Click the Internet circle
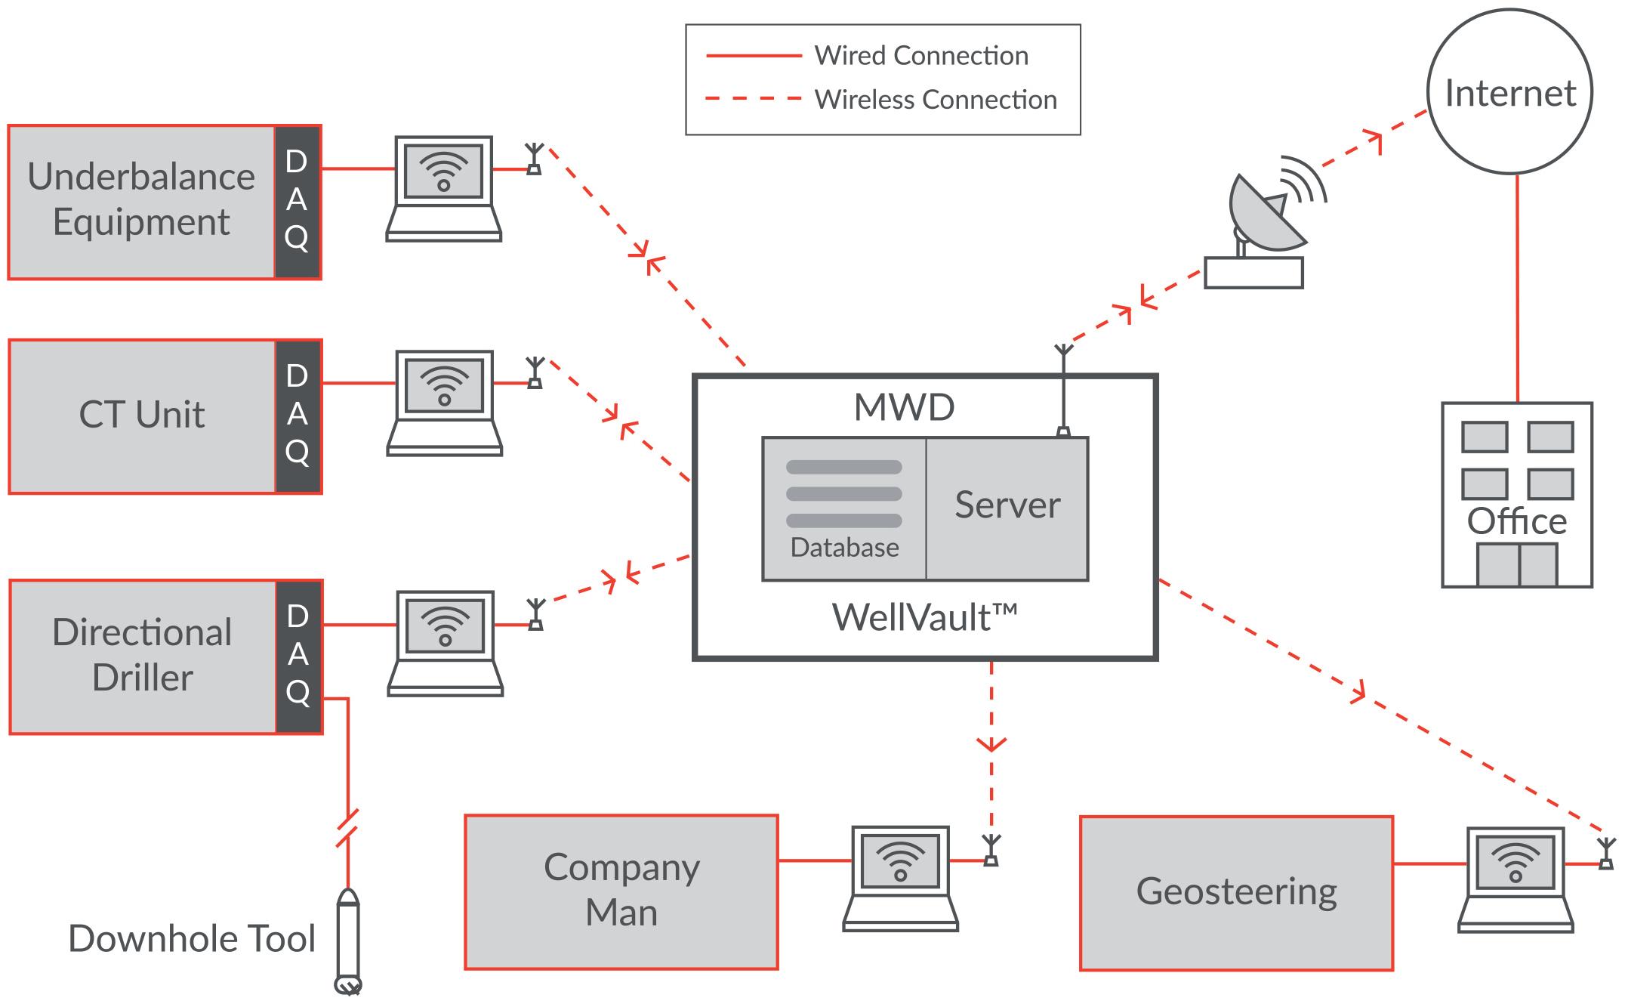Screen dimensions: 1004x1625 click(1509, 93)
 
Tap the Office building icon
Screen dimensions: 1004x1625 click(1516, 495)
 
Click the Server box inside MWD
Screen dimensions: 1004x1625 click(1007, 508)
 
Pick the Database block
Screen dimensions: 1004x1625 click(844, 508)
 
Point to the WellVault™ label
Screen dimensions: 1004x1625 click(924, 617)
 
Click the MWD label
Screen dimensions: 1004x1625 click(904, 407)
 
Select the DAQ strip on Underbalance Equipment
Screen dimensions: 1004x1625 click(297, 202)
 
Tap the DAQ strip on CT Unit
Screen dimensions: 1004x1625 click(298, 416)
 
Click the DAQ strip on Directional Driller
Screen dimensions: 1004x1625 click(298, 656)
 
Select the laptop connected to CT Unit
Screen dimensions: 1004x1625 click(445, 403)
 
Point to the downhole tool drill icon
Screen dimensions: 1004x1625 click(347, 941)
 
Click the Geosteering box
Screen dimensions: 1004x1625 click(1236, 893)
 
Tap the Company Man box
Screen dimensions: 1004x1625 click(621, 891)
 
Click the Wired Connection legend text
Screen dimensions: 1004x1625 click(921, 55)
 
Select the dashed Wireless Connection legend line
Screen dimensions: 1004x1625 click(753, 98)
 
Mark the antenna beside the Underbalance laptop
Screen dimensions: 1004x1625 click(534, 159)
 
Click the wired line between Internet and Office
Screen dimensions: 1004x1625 click(1517, 287)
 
